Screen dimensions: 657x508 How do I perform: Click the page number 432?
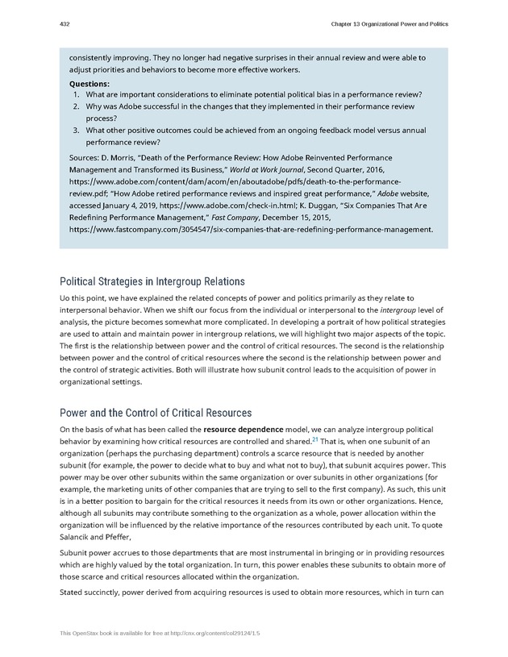(65, 24)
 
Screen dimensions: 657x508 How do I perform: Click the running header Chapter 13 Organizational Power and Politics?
(389, 24)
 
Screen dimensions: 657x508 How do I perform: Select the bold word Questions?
(90, 83)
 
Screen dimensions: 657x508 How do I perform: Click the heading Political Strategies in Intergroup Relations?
(152, 281)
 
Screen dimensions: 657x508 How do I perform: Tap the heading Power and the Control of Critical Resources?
(156, 413)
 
